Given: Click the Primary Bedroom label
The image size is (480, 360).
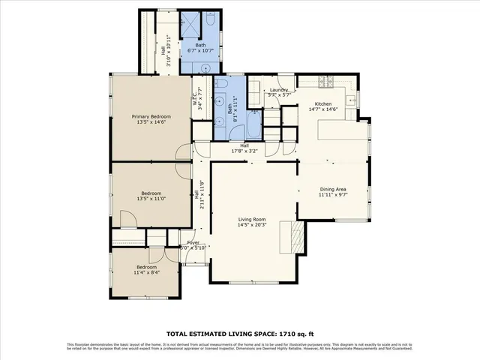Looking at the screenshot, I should [151, 116].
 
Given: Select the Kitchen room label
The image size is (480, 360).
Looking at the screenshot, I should [322, 103].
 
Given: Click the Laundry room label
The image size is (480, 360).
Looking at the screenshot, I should [279, 89].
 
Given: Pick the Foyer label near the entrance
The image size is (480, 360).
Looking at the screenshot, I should [193, 243].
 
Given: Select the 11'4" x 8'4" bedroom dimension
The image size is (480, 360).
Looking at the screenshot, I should [147, 273].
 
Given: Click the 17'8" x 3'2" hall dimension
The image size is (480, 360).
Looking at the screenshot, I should [244, 151].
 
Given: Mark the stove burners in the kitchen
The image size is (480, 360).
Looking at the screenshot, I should [326, 80].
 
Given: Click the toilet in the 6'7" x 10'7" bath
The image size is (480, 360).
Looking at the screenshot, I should [205, 67].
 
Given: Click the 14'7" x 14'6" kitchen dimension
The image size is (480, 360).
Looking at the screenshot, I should [322, 109].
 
